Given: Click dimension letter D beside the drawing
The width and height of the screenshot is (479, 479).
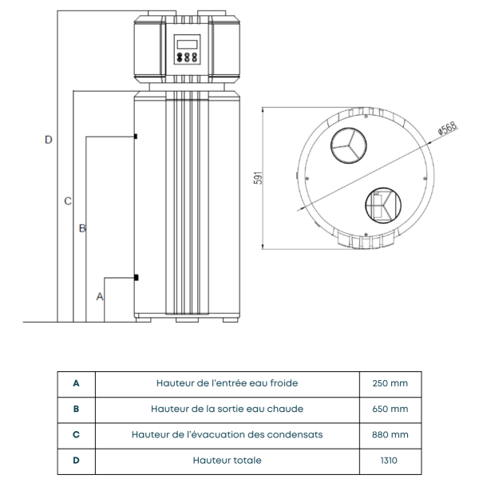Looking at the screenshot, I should (x=48, y=140).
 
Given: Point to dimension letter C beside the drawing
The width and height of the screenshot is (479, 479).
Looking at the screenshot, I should (x=68, y=200).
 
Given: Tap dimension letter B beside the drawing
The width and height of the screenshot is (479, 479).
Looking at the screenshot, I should (x=81, y=229).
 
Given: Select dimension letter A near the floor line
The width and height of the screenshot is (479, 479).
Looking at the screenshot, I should (x=100, y=296).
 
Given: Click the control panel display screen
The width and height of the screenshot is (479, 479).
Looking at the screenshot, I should (x=188, y=44).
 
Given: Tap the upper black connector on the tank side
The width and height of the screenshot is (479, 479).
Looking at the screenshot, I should (x=137, y=137).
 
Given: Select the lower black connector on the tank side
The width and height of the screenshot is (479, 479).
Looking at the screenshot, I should (x=137, y=278).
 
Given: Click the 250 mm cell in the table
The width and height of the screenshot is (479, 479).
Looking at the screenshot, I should (x=390, y=383).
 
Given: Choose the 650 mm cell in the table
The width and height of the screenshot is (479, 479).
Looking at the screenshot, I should (x=390, y=409).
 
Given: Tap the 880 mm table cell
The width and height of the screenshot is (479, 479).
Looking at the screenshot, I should (x=390, y=435).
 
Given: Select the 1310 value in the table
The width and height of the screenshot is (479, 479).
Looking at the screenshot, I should (x=390, y=461).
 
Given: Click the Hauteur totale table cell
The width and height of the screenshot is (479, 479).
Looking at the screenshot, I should (x=227, y=461).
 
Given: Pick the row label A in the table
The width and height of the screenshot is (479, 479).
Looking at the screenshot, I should (x=76, y=383).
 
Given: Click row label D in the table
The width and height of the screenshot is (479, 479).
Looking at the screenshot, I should (x=76, y=461).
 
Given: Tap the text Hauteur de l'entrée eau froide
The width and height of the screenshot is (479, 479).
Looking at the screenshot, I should (x=227, y=383).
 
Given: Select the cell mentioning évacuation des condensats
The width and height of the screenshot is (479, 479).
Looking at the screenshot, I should (x=227, y=435).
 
